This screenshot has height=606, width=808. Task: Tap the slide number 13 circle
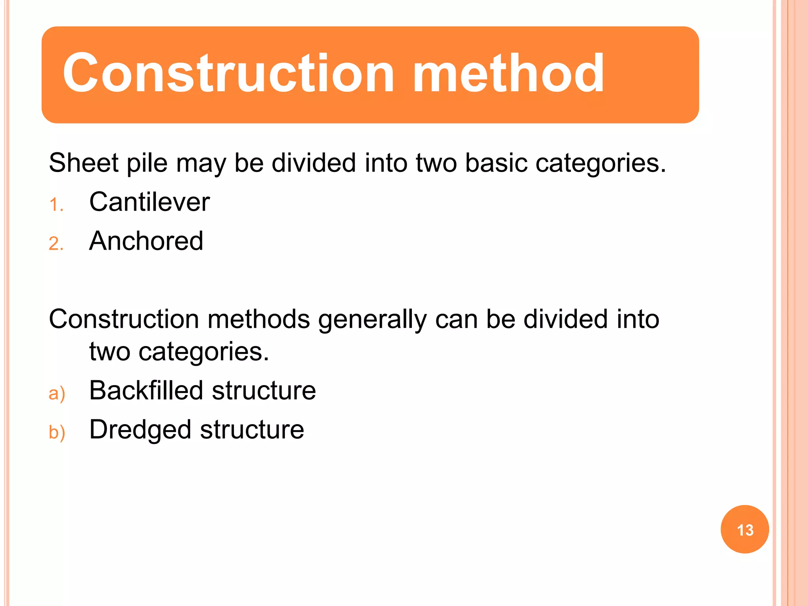[744, 529]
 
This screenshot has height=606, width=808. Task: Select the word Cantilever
[150, 202]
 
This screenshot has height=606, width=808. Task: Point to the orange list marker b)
[57, 432]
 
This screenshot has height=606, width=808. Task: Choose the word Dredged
[140, 430]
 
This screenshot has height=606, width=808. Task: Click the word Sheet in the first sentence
[83, 163]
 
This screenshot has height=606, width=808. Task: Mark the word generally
[372, 320]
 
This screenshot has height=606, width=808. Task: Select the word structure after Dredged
[252, 430]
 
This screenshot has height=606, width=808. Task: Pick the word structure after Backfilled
[264, 391]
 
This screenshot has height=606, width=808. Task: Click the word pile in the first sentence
[147, 163]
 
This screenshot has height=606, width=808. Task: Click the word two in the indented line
[109, 352]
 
